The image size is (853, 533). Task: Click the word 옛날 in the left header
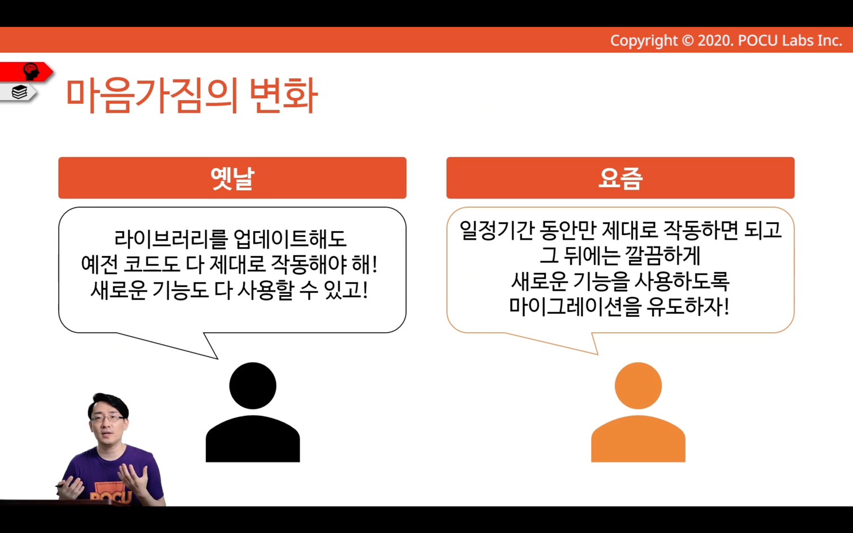click(x=232, y=178)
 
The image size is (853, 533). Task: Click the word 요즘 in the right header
click(x=621, y=178)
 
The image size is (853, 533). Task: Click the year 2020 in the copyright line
click(x=714, y=41)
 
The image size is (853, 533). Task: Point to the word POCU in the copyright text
click(x=758, y=41)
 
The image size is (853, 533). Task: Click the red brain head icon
click(x=31, y=71)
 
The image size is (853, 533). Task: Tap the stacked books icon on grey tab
click(x=19, y=92)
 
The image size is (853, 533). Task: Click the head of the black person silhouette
click(x=253, y=386)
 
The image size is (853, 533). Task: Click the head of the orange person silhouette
click(x=638, y=386)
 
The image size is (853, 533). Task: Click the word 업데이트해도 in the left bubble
click(x=290, y=239)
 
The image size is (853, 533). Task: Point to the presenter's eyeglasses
click(x=108, y=419)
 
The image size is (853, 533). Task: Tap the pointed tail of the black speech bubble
click(x=217, y=358)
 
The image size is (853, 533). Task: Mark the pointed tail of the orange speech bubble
click(x=597, y=354)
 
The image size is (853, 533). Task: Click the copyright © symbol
click(x=688, y=41)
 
